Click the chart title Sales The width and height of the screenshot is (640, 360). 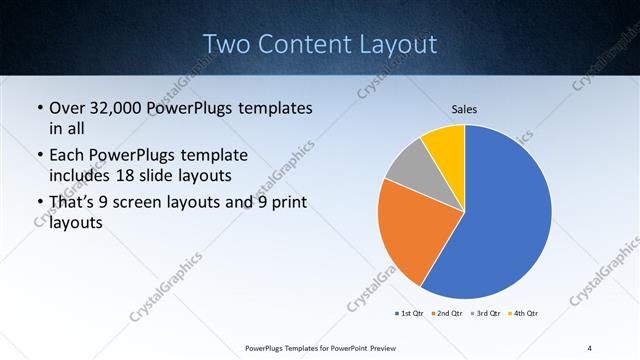click(464, 108)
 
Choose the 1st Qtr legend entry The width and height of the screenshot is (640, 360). click(408, 314)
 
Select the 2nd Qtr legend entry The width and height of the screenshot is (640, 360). click(445, 314)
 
